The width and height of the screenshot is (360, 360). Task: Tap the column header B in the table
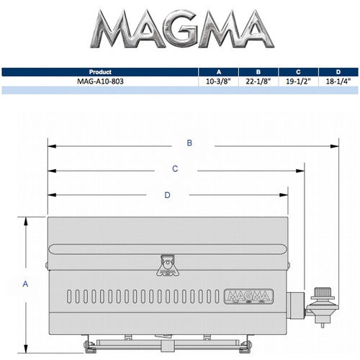(258, 72)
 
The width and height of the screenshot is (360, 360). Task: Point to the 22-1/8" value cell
(258, 81)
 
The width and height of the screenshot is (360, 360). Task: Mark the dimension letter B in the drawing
(189, 143)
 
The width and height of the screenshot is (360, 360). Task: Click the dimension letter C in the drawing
(175, 169)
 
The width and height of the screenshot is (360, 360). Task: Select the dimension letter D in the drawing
(167, 194)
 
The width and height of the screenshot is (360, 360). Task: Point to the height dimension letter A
(26, 284)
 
